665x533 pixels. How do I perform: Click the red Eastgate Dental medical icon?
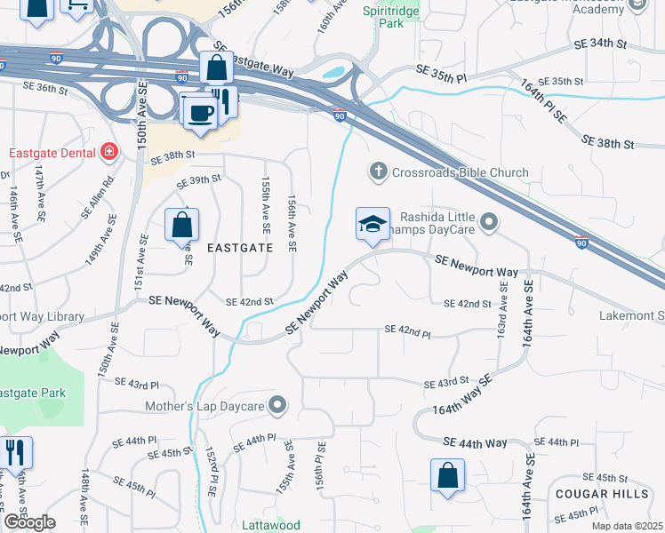pyautogui.click(x=109, y=152)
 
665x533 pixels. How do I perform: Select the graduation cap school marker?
pyautogui.click(x=373, y=225)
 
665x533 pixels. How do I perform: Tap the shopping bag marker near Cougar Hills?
pyautogui.click(x=447, y=475)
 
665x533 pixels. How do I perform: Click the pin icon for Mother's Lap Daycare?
pyautogui.click(x=277, y=406)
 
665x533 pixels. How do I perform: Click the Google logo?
pyautogui.click(x=30, y=522)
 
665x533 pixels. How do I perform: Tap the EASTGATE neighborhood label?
pyautogui.click(x=239, y=249)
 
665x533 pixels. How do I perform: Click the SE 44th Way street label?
pyautogui.click(x=475, y=442)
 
